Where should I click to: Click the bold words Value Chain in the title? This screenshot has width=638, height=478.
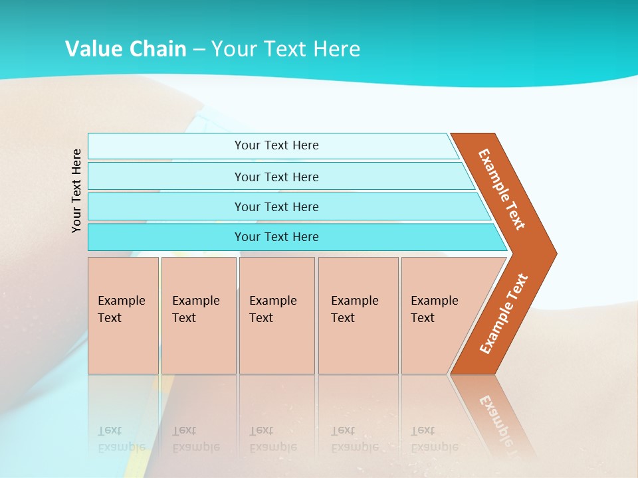126,48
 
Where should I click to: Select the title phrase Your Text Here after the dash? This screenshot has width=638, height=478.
286,48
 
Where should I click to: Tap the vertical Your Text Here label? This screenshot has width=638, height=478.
76,191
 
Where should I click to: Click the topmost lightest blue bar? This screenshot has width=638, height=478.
166,146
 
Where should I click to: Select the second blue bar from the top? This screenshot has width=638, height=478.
166,177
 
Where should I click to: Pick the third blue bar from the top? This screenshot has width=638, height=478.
166,206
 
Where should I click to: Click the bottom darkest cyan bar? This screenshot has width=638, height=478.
166,237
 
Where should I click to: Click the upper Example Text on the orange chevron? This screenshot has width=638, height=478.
502,189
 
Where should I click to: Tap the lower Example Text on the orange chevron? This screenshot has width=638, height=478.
504,314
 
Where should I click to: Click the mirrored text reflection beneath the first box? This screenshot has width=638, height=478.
121,439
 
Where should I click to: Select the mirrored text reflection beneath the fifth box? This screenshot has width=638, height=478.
434,439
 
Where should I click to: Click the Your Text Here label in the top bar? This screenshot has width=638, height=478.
276,145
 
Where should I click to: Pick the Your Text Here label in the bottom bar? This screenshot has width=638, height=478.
276,237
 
